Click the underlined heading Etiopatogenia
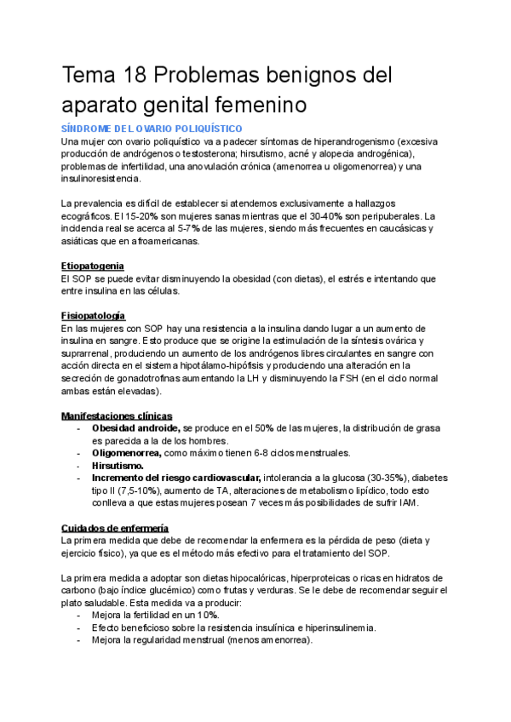(93, 266)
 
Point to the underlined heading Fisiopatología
(93, 316)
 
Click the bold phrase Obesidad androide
(135, 428)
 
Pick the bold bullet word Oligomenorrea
(128, 453)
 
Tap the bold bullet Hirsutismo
(118, 466)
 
